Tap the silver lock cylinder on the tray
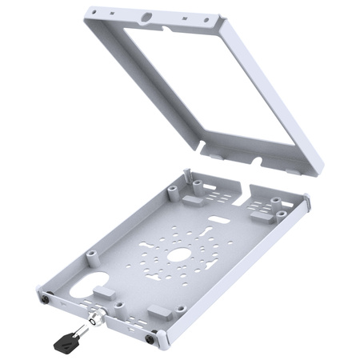pyautogui.click(x=98, y=318)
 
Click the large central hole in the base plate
pyautogui.click(x=181, y=254)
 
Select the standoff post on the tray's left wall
pyautogui.click(x=91, y=254)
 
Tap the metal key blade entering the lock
pyautogui.click(x=83, y=328)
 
